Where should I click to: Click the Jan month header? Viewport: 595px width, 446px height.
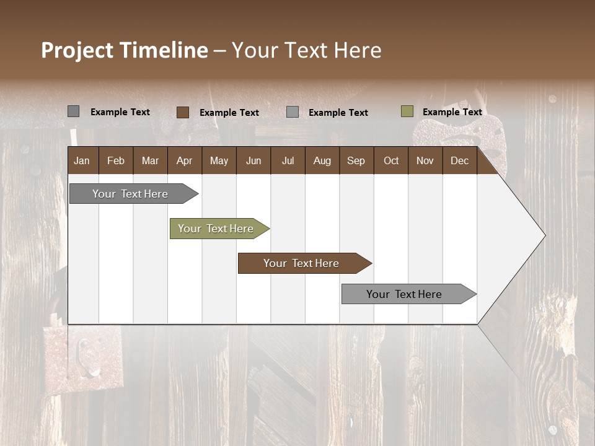coord(82,160)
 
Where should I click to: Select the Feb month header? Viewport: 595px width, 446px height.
coord(116,160)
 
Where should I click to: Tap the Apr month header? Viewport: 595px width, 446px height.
coord(184,160)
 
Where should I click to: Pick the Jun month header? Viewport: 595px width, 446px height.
coord(253,160)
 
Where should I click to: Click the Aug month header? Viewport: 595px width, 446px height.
coord(322,160)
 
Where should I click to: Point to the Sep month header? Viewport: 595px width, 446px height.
coord(356,160)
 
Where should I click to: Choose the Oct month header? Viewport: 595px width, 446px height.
coord(391,160)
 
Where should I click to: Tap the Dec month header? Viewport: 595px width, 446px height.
coord(459,160)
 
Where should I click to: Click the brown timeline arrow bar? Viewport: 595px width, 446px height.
coord(302,263)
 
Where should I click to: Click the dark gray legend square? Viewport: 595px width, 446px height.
coord(73,111)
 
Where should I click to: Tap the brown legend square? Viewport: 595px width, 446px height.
coord(182,112)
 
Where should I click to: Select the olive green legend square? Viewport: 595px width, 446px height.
coord(407,111)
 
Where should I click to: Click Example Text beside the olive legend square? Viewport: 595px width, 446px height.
coord(452,112)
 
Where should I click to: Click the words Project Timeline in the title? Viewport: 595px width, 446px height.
coord(125,50)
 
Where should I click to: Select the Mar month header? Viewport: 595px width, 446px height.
coord(150,160)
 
